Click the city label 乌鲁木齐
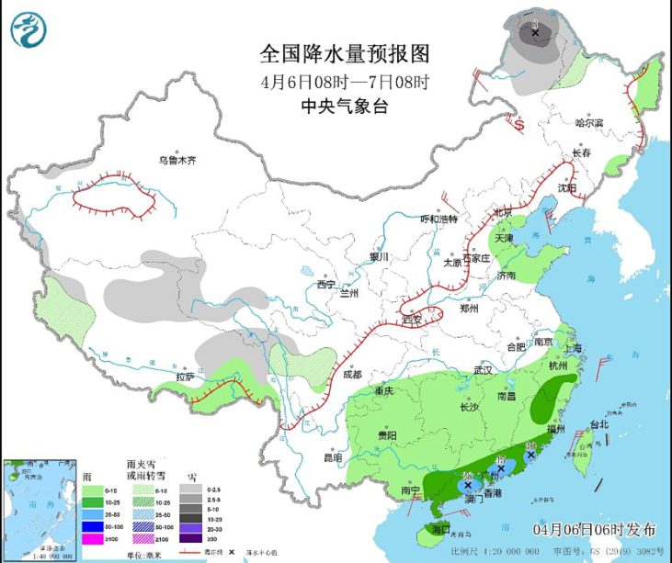click(177, 160)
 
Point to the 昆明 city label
click(332, 456)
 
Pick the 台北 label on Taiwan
click(599, 425)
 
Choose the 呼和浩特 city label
click(439, 219)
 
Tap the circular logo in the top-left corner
click(28, 29)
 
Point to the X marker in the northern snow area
click(535, 33)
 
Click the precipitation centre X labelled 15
click(501, 468)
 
